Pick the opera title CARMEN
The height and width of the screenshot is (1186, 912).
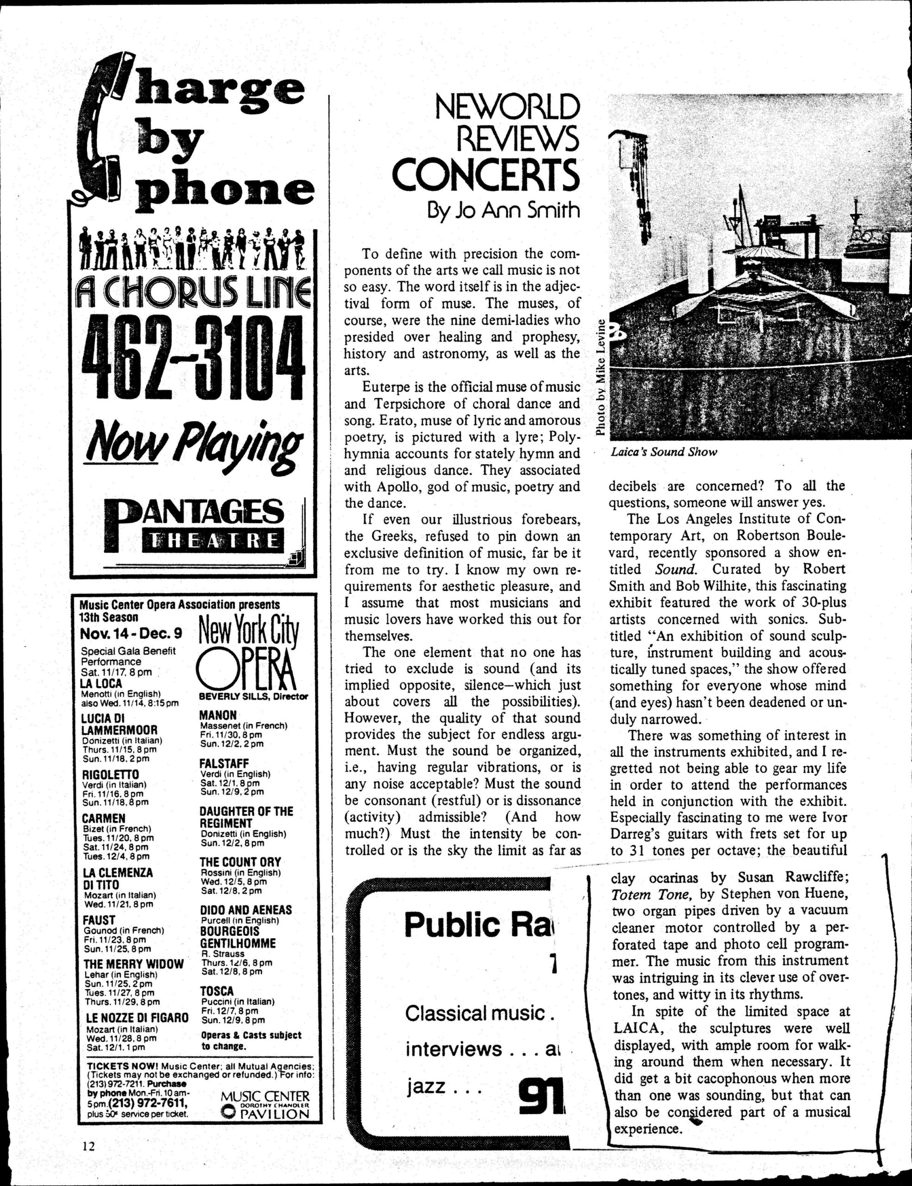click(x=104, y=818)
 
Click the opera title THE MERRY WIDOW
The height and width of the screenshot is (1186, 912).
click(x=133, y=965)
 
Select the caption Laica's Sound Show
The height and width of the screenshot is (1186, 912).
click(x=663, y=452)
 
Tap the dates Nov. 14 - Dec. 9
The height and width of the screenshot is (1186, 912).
click(x=132, y=634)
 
